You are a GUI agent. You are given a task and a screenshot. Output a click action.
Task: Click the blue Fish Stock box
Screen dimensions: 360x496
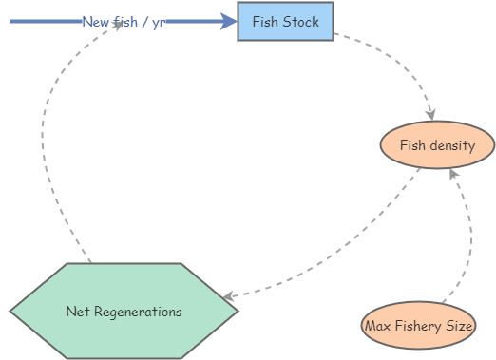[x=285, y=22]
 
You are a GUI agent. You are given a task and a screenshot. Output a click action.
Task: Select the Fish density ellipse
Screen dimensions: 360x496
[x=437, y=145]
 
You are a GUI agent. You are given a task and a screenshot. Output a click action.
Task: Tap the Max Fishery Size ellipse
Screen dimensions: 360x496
[x=418, y=326]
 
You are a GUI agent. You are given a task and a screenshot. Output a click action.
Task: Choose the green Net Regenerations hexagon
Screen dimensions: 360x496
[x=124, y=311]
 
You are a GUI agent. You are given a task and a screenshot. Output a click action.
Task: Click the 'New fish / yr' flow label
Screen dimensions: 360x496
[x=123, y=21]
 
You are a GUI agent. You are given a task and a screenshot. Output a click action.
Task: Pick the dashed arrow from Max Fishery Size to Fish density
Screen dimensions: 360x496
[x=470, y=237]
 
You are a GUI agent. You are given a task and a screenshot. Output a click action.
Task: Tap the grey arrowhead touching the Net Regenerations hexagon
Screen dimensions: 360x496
[x=230, y=297]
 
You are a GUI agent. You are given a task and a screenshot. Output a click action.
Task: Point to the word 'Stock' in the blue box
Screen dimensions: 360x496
[x=301, y=22]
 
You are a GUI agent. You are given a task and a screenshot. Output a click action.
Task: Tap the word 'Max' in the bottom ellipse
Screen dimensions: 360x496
[x=375, y=326]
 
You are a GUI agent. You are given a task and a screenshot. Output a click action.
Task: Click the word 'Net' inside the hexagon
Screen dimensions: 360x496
[x=77, y=311]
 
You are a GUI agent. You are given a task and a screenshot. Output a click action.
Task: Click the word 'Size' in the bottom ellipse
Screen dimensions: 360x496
[x=459, y=326]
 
